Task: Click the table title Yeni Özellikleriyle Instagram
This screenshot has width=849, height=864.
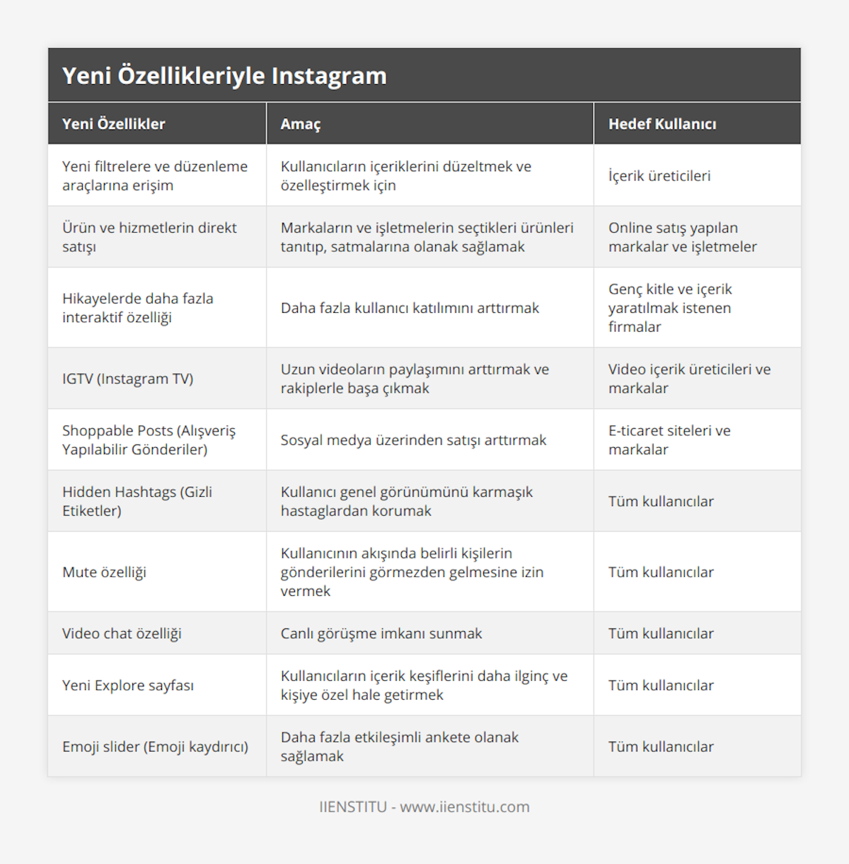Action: pyautogui.click(x=224, y=76)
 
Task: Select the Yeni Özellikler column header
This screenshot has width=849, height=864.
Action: pyautogui.click(x=113, y=124)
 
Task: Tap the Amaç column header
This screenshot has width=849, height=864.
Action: pyautogui.click(x=300, y=124)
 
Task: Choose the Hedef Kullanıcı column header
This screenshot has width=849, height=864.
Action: pyautogui.click(x=662, y=124)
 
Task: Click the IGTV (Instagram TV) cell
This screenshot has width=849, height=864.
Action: pyautogui.click(x=127, y=379)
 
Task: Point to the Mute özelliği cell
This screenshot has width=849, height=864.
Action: pyautogui.click(x=104, y=572)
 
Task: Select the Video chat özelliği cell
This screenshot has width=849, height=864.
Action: pyautogui.click(x=122, y=633)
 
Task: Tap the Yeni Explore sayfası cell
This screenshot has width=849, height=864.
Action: pyautogui.click(x=127, y=685)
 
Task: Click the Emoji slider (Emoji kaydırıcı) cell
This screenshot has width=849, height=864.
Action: pyautogui.click(x=155, y=747)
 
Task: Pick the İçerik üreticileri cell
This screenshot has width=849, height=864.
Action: pyautogui.click(x=659, y=175)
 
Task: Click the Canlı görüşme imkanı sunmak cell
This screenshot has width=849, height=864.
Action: pyautogui.click(x=381, y=633)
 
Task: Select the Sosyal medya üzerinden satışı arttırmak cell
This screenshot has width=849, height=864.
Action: pyautogui.click(x=413, y=440)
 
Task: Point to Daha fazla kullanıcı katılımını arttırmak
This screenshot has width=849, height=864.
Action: pyautogui.click(x=410, y=308)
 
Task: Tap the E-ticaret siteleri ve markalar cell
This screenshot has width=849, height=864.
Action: pyautogui.click(x=669, y=439)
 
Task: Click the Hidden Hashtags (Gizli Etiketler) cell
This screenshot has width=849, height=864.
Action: pyautogui.click(x=137, y=501)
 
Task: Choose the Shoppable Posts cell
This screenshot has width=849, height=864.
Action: pyautogui.click(x=149, y=439)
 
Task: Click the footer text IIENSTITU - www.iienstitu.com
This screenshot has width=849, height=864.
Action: pyautogui.click(x=424, y=807)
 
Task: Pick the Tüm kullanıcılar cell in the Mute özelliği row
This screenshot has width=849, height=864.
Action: pyautogui.click(x=661, y=572)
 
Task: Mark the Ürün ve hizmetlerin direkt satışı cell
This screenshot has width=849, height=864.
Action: pyautogui.click(x=149, y=237)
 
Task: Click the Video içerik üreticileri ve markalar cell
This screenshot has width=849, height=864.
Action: pyautogui.click(x=689, y=379)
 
